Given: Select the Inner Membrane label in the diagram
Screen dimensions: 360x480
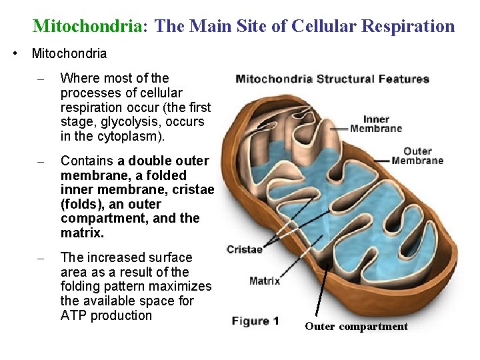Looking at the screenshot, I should (x=376, y=124).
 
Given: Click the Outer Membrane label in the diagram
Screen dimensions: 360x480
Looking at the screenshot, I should (x=417, y=156).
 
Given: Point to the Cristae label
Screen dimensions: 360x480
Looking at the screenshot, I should (x=244, y=249).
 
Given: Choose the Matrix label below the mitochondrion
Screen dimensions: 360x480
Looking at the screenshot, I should (x=265, y=281).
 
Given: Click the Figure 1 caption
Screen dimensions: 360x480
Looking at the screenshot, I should (x=255, y=321).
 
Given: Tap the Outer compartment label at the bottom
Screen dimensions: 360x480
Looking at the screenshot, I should (x=356, y=327).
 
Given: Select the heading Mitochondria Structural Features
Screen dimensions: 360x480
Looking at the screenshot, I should (x=332, y=79).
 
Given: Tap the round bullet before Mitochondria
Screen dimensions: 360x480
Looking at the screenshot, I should (x=15, y=53).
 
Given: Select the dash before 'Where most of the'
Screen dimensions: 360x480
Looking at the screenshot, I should (x=41, y=79).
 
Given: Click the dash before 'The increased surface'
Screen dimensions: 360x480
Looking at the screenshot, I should (x=41, y=258).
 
